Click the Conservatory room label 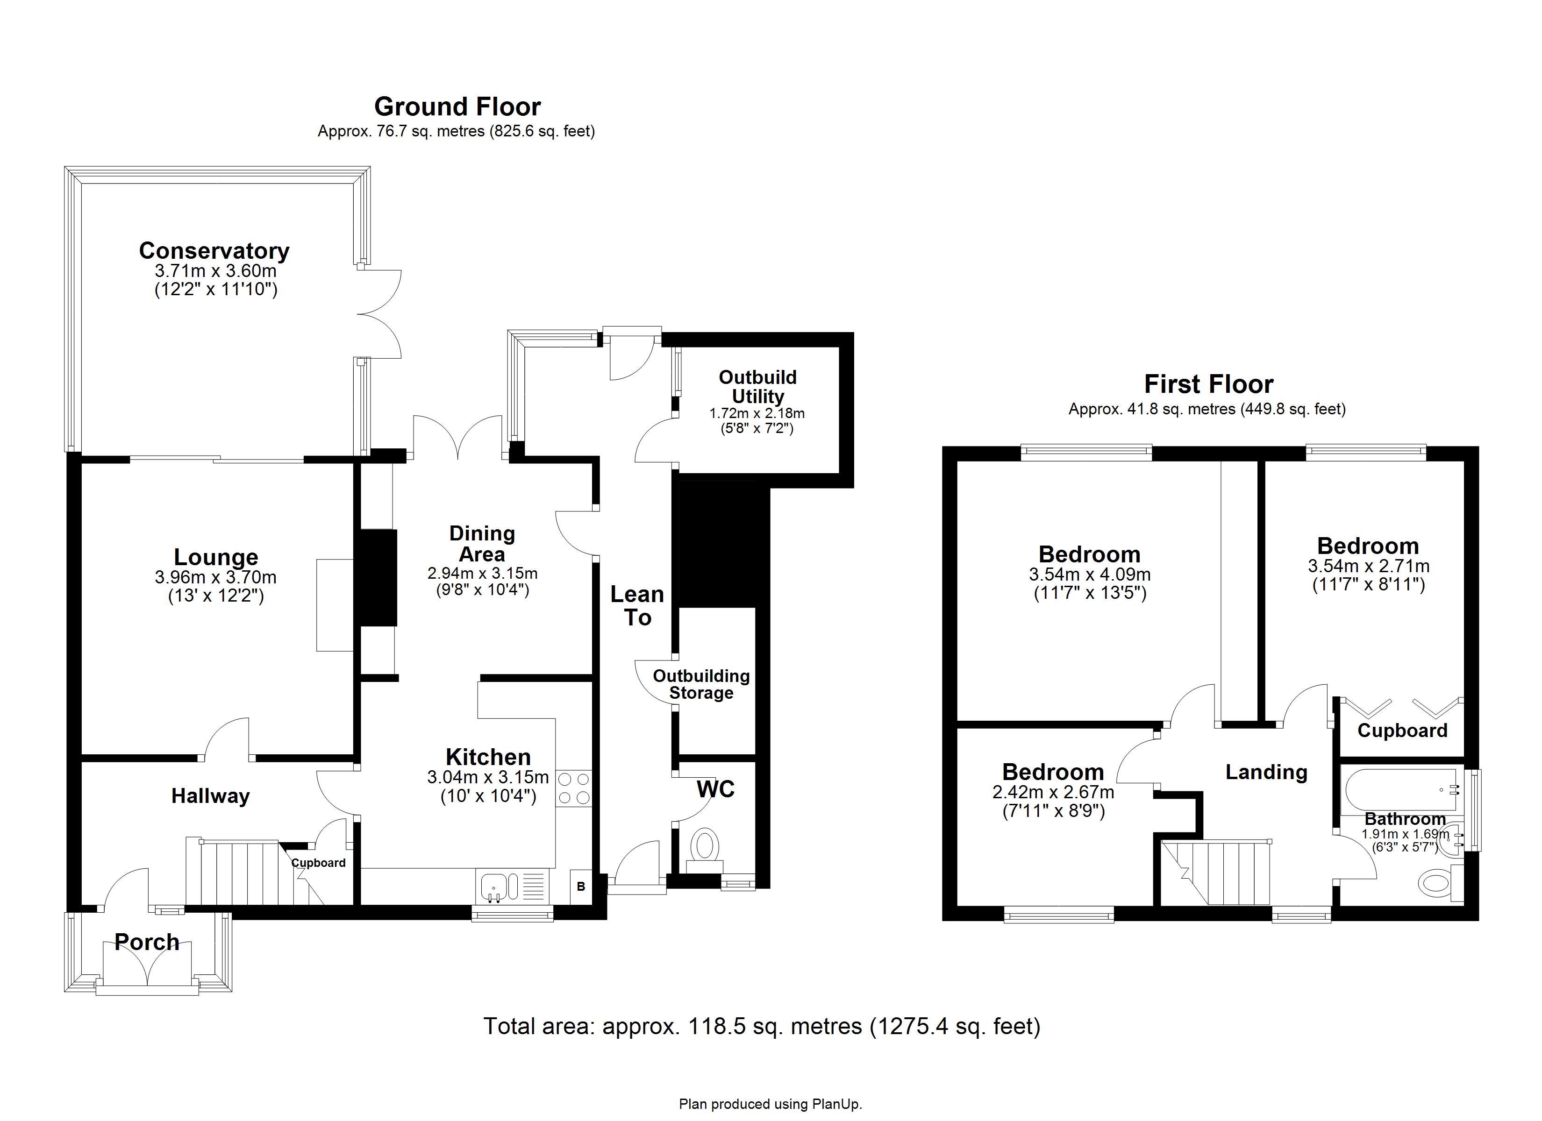tap(214, 251)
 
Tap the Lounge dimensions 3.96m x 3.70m tap(215, 578)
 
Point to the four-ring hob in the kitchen tap(573, 788)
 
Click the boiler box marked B tap(581, 887)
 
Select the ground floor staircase tap(242, 873)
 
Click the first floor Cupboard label tap(1402, 731)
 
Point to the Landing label tap(1266, 772)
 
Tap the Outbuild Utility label tap(757, 387)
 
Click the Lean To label tap(637, 606)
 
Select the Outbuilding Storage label tap(701, 685)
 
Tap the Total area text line tap(762, 1026)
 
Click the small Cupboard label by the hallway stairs tap(318, 863)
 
